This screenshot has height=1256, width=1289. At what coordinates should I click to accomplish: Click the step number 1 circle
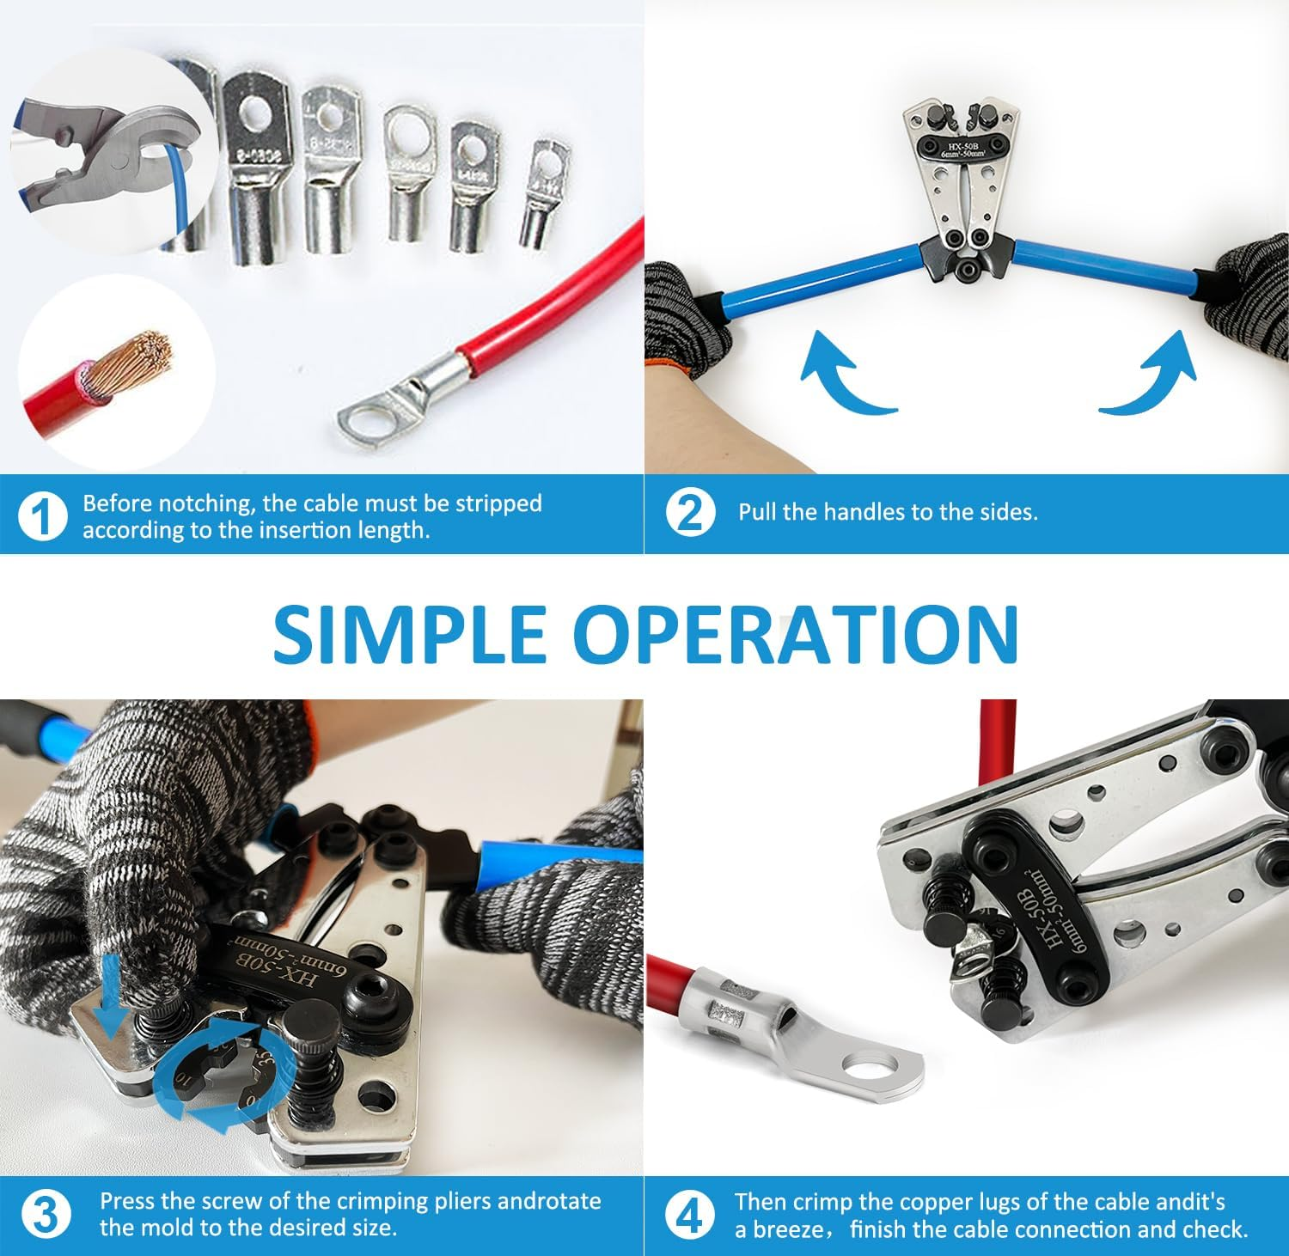click(x=41, y=517)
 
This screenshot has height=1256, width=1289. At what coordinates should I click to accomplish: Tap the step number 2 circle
click(x=690, y=513)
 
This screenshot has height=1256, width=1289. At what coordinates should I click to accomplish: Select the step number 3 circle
click(x=44, y=1215)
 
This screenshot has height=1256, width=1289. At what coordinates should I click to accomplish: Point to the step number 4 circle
click(x=690, y=1215)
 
